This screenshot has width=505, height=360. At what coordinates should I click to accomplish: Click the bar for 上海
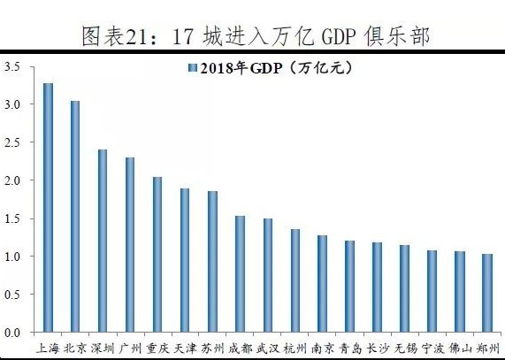point(48,208)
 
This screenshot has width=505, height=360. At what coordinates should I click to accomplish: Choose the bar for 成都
point(240,274)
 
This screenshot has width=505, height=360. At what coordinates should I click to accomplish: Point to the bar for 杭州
point(295,280)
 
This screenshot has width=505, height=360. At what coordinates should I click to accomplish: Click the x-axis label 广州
point(130,348)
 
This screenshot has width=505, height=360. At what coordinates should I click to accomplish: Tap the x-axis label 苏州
point(212,348)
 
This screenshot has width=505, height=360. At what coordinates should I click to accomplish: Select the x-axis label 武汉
point(267,348)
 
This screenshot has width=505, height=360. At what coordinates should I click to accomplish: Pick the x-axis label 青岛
point(349,348)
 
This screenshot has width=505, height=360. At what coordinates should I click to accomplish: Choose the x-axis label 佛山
point(460,348)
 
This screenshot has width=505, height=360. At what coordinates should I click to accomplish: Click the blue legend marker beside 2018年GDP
point(192,68)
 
